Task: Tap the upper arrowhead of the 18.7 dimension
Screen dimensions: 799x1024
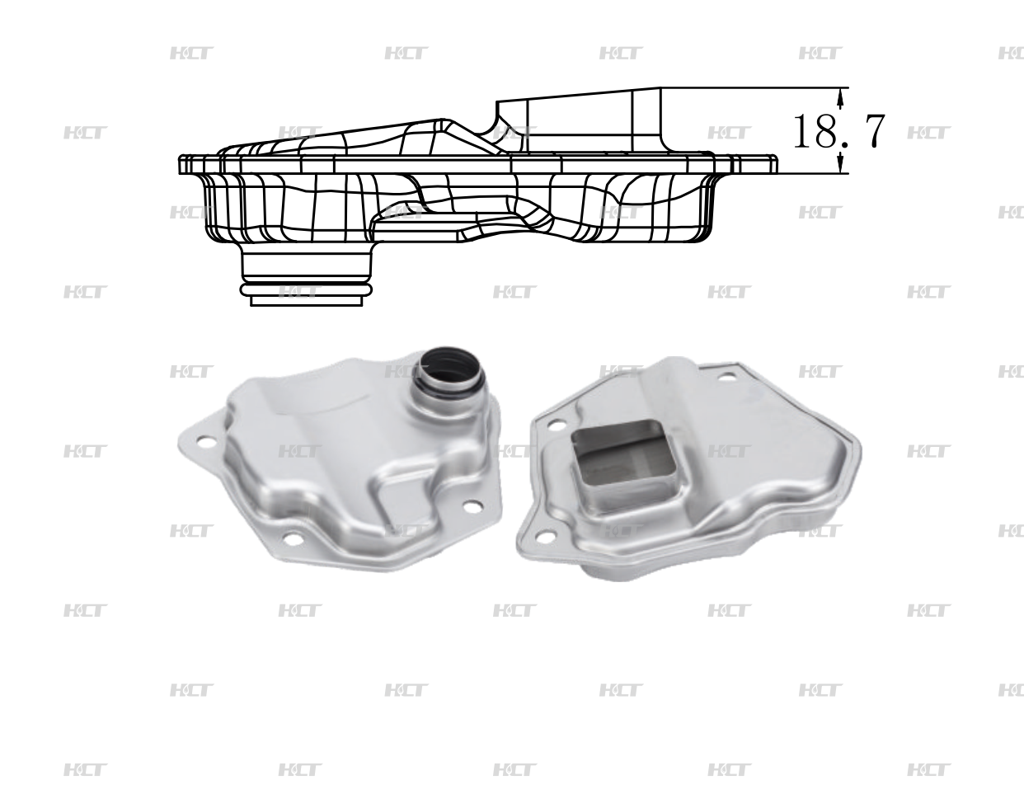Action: coord(840,98)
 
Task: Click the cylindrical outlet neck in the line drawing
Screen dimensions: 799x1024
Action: coord(306,265)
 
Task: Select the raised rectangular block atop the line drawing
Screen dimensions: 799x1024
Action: coord(577,120)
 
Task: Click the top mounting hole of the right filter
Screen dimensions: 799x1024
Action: coord(726,378)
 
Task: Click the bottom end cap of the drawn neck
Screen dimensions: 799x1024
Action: coord(306,301)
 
